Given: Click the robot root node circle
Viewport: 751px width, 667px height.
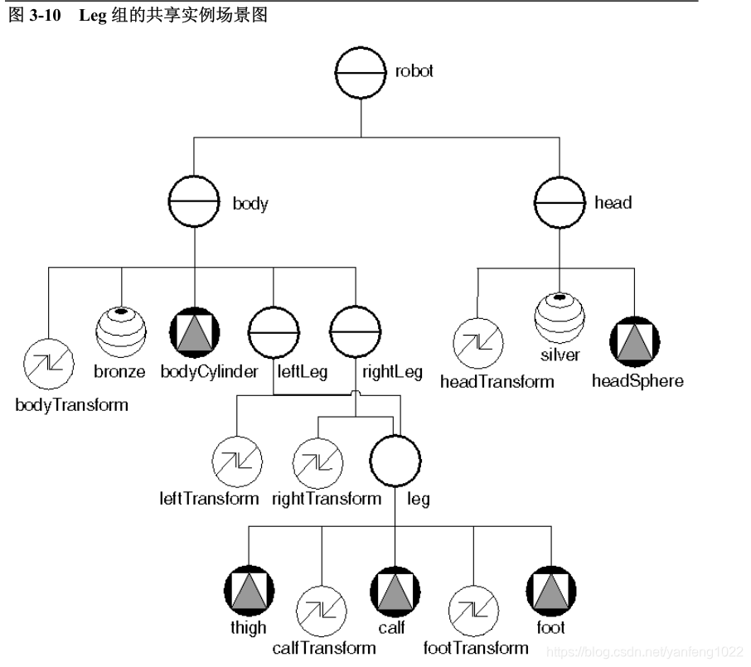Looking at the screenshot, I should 361,72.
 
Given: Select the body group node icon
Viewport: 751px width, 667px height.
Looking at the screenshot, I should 194,202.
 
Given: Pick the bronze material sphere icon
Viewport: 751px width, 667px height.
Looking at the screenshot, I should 122,331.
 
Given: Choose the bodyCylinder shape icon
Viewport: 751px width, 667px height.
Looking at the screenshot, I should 194,331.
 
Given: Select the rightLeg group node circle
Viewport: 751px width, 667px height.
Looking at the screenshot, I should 356,331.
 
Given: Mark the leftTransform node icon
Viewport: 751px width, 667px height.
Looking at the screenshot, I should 237,460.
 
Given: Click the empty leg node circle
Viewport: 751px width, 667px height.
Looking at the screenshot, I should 395,461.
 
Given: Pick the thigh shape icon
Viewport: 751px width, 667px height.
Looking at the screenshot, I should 249,589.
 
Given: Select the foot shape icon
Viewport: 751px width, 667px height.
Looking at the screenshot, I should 550,589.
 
